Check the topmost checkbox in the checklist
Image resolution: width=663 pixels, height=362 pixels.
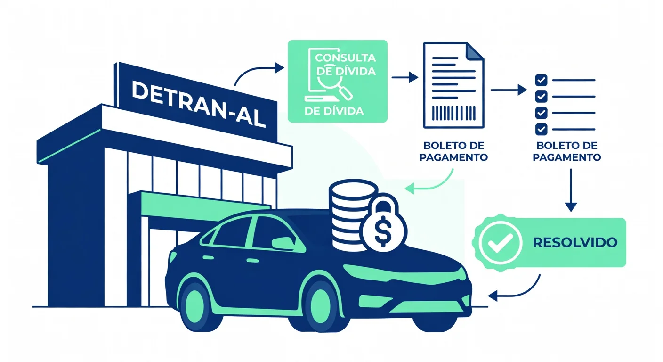542,80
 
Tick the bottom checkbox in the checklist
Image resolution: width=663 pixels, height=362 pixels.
542,129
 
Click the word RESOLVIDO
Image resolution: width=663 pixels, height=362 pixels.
575,243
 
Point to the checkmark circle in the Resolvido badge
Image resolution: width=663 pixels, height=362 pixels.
500,243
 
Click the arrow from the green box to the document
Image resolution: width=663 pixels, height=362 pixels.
405,78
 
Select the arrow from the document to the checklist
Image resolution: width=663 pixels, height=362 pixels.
509,90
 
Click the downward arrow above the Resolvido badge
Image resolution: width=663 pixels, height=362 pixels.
571,190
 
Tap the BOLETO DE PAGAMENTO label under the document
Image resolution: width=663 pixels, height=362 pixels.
453,151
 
